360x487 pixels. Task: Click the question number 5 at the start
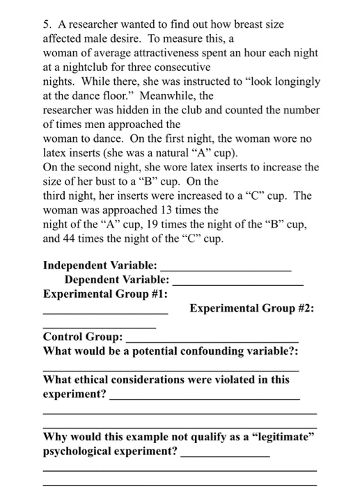tap(46, 24)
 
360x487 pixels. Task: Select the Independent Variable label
tap(100, 265)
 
